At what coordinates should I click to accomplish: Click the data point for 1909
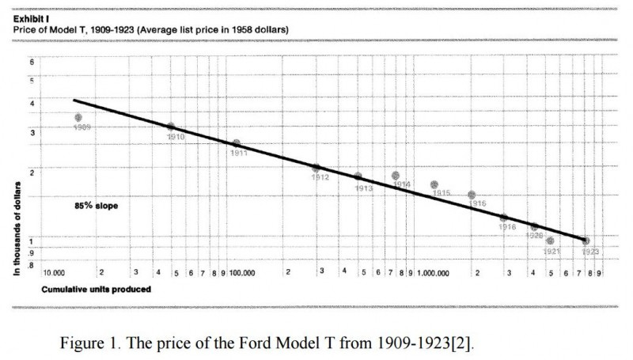(78, 117)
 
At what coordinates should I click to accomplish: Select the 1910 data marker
(170, 127)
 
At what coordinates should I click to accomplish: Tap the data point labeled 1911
(236, 143)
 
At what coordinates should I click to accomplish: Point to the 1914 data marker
(396, 176)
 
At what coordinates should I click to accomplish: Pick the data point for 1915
(434, 184)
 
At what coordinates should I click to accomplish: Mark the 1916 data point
(472, 195)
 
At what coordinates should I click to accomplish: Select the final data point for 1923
(586, 241)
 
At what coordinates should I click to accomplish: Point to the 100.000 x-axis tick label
(242, 272)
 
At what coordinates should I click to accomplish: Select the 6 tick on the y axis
(32, 62)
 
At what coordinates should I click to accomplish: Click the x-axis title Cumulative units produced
(96, 290)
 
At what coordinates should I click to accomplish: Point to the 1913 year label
(364, 188)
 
